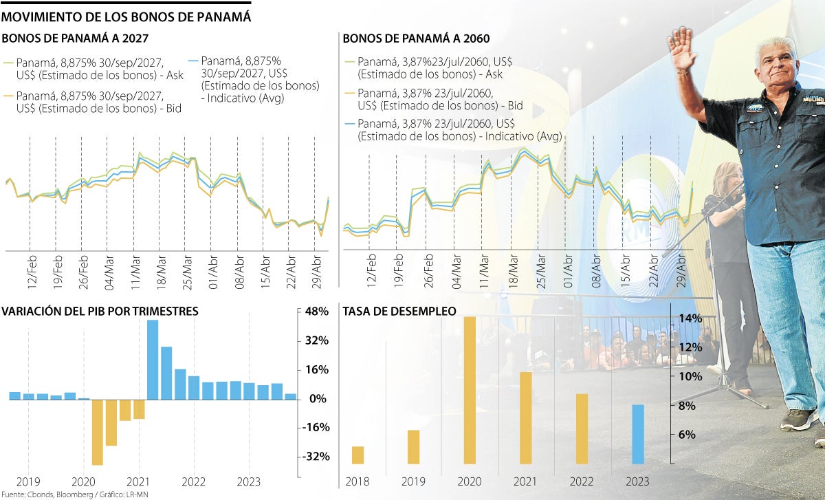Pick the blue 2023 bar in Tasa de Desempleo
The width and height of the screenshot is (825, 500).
[638, 434]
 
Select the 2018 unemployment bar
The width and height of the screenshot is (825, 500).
[357, 455]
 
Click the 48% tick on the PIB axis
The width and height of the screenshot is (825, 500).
[316, 312]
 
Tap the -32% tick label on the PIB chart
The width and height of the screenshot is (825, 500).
[316, 457]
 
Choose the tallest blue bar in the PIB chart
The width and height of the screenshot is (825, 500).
[153, 360]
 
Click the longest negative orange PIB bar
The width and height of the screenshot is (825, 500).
[97, 432]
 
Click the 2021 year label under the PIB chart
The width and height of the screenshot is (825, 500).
[138, 482]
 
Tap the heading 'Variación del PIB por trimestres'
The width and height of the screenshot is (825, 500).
[100, 312]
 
